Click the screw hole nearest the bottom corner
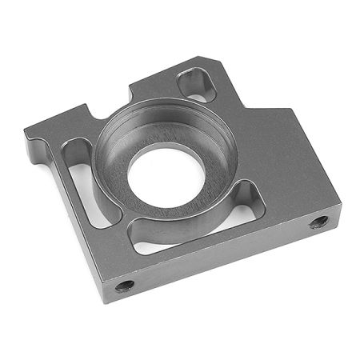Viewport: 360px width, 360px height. click(124, 285)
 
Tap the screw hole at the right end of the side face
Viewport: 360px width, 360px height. click(318, 222)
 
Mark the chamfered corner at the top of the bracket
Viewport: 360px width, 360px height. click(210, 60)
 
